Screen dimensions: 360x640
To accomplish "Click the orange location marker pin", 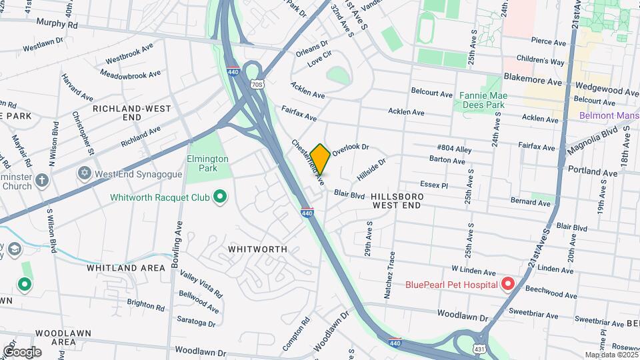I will [x=320, y=159].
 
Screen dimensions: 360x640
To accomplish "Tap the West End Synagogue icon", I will [x=84, y=173].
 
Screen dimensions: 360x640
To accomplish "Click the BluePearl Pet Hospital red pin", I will [x=507, y=285].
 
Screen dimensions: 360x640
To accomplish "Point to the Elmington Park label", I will [x=208, y=164].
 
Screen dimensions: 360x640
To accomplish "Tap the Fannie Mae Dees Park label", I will [x=483, y=100].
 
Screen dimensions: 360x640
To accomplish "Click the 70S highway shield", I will [x=257, y=85].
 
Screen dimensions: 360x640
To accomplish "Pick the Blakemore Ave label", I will [x=534, y=81].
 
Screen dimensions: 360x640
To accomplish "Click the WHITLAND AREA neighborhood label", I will [x=125, y=268].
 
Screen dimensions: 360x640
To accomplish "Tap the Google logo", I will [x=22, y=352].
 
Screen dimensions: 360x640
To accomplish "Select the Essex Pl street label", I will [x=434, y=184].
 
